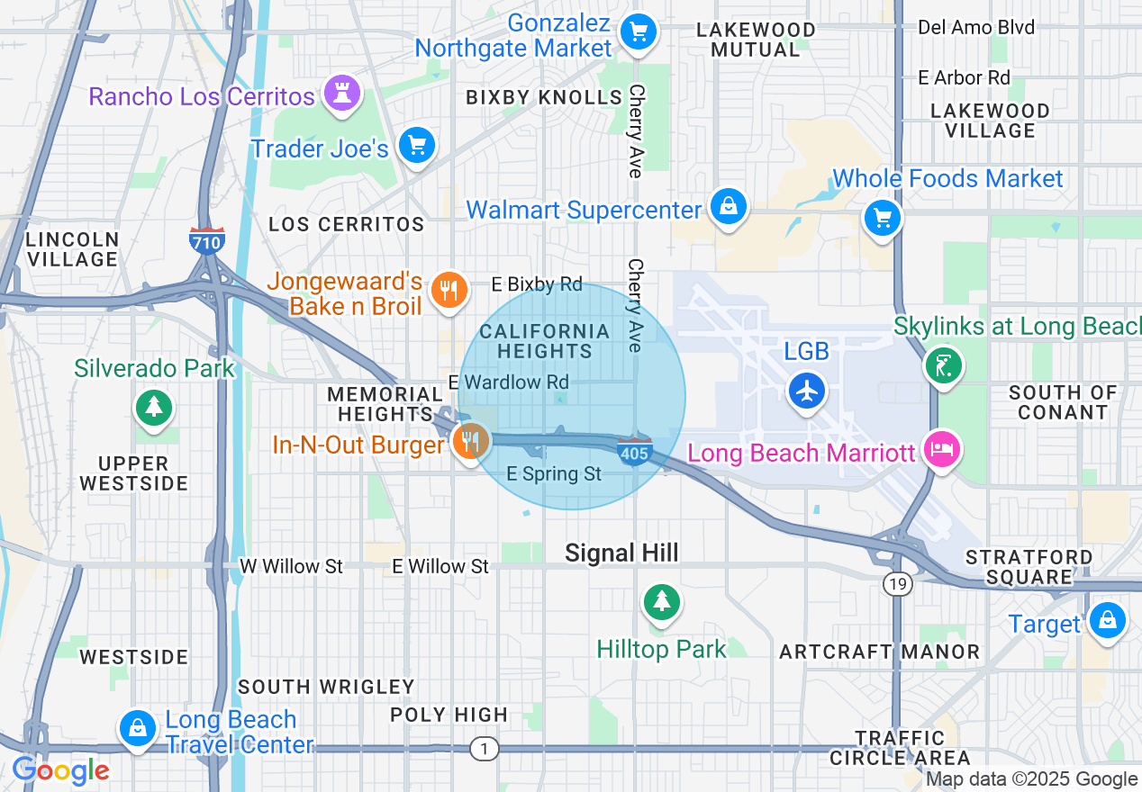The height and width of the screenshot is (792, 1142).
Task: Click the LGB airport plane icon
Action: click(807, 391)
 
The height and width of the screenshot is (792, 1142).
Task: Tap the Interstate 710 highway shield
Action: click(207, 240)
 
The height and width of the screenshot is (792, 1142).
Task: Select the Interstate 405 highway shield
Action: click(634, 452)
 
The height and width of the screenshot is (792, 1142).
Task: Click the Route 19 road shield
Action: click(898, 584)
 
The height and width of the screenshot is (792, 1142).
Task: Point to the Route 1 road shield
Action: click(485, 748)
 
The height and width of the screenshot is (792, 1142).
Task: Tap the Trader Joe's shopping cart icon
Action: click(416, 145)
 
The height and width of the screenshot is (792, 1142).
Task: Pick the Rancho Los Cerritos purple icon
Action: click(341, 93)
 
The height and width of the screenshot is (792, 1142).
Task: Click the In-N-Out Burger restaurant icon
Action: click(469, 441)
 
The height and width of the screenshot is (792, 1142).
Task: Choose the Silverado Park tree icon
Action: click(154, 407)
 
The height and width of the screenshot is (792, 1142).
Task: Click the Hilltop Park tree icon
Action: click(663, 600)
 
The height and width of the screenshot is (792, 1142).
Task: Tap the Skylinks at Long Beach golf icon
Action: click(944, 365)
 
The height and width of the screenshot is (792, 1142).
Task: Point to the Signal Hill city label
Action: click(621, 553)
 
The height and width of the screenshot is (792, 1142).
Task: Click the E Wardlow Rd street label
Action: click(509, 382)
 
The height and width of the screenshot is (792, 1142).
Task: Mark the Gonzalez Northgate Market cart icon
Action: click(639, 33)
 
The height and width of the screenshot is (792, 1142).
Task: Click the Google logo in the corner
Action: click(60, 770)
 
